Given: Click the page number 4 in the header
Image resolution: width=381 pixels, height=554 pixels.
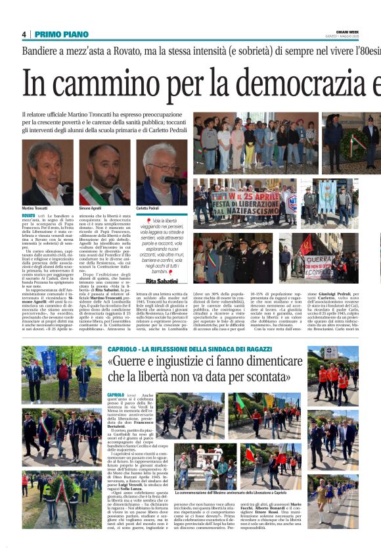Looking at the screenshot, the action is (24, 34).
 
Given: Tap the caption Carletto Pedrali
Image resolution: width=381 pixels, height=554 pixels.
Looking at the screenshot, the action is (148, 207).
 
